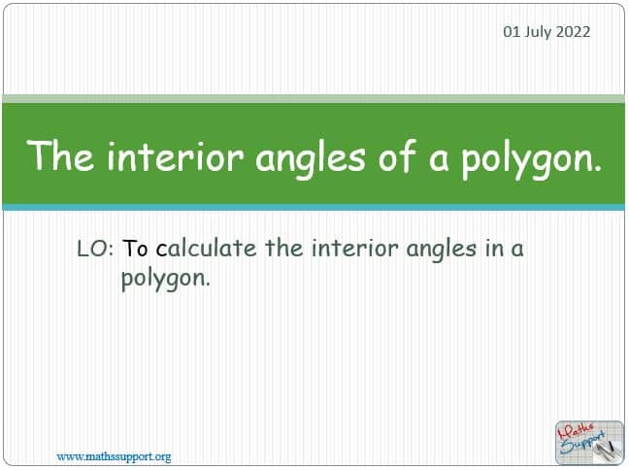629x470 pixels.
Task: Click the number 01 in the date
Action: tap(511, 32)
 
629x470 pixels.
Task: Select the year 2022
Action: tap(574, 32)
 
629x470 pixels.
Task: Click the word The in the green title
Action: tap(60, 155)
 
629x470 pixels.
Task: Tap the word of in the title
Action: tap(396, 155)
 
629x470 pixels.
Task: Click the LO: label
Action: tap(95, 249)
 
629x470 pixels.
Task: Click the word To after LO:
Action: tap(135, 249)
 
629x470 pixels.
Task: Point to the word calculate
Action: tap(206, 248)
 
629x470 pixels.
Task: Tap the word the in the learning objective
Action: tap(284, 248)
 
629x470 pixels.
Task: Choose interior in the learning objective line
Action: tap(355, 249)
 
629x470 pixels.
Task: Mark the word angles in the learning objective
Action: tap(442, 251)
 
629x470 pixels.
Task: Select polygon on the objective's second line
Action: tap(166, 279)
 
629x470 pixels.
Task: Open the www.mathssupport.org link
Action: tap(114, 456)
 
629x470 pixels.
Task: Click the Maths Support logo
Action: tap(589, 443)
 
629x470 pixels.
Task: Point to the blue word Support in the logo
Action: tap(582, 443)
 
